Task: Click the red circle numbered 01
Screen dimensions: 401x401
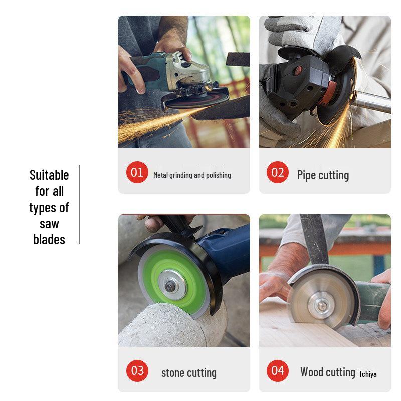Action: tap(137, 173)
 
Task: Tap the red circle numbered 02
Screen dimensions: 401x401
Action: tap(278, 173)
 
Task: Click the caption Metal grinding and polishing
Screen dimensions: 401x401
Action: tap(192, 175)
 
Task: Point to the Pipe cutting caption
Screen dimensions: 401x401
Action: tap(323, 175)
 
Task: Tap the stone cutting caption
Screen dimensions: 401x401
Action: tap(189, 373)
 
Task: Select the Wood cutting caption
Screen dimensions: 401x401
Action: tap(328, 372)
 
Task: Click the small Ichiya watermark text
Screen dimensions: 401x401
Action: tap(368, 374)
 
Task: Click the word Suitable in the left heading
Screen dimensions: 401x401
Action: tap(49, 175)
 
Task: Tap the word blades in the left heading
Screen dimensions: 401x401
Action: tap(49, 239)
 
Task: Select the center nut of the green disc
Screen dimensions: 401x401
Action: tap(172, 285)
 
